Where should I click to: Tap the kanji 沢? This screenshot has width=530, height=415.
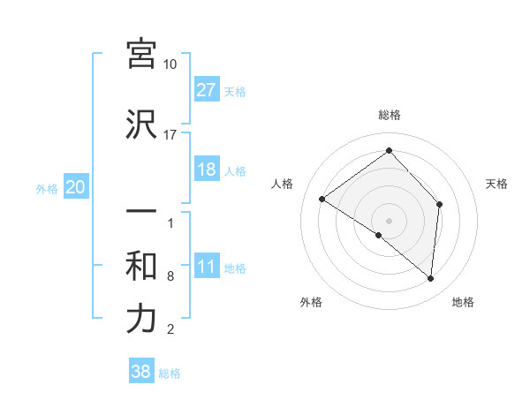tap(141, 124)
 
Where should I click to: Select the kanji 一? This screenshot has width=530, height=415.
tap(141, 214)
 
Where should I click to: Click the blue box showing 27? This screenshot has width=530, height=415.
tap(206, 90)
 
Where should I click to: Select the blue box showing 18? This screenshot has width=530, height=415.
tap(206, 170)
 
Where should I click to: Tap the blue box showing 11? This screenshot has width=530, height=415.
tap(206, 268)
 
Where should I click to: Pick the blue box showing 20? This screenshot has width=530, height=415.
tap(76, 187)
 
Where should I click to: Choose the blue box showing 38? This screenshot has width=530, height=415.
tap(141, 373)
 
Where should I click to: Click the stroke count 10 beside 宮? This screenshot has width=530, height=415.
tap(170, 64)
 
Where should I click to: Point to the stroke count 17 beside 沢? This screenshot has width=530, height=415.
tap(170, 134)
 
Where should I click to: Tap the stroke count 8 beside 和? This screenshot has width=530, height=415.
tap(170, 277)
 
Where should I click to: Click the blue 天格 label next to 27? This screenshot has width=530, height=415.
tap(235, 91)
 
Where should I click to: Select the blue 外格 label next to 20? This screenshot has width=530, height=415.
tap(48, 188)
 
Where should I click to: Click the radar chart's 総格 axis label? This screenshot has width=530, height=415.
tap(389, 115)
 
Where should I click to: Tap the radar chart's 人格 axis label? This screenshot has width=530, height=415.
tap(283, 184)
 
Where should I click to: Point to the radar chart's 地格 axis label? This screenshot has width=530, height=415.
tap(463, 302)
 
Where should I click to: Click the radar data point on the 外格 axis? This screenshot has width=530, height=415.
tap(379, 235)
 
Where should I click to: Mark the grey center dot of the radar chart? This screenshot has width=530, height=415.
tap(389, 220)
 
